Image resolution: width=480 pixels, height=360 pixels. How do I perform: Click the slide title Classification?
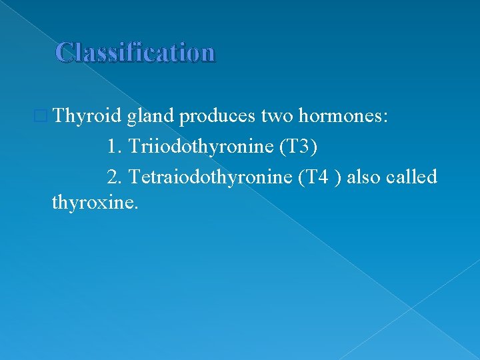pos(135,52)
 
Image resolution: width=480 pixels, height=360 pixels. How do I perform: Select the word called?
pos(416,177)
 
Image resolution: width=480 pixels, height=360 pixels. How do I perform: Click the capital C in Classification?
pos(65,52)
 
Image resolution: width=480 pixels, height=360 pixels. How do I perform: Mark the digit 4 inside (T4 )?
pos(323,177)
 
